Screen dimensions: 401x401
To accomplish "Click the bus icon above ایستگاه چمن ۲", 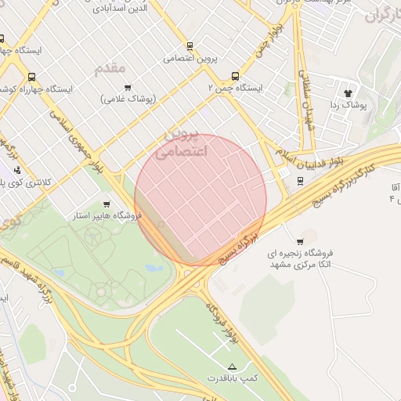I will point(235,77).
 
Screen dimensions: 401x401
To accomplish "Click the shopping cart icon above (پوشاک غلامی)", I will point(128,88).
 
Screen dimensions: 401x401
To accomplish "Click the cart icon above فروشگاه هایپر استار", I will point(107,204).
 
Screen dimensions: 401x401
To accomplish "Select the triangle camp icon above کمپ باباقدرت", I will point(231,367).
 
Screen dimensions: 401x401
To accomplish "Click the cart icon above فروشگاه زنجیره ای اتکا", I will point(300,241).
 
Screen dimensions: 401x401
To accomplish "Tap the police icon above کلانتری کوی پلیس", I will point(16,170).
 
